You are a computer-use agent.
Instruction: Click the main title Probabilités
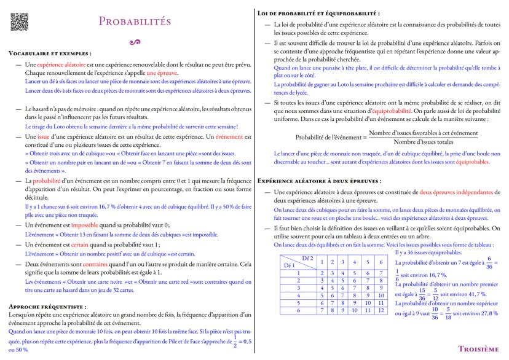pos(131,22)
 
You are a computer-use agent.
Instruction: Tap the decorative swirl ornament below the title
pos(130,42)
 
